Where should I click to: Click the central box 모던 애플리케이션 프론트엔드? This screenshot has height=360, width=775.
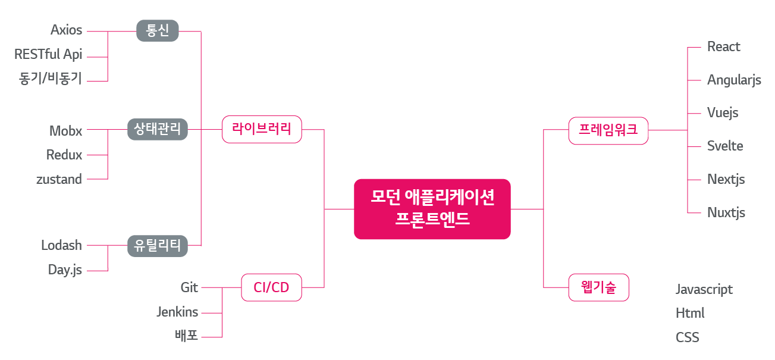pos(432,209)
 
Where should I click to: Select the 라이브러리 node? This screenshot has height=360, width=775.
pos(262,129)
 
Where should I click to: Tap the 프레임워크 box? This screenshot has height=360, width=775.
pos(608,130)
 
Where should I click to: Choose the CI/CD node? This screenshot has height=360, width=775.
pos(271,288)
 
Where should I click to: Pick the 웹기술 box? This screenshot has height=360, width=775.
pos(598,288)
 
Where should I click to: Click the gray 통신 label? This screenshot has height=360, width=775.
pos(158,30)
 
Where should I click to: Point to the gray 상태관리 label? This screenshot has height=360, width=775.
pos(158,129)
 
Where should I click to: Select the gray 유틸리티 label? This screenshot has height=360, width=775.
pos(158,245)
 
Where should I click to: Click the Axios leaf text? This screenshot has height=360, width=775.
pos(66,30)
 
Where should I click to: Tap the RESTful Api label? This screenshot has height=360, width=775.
pos(48,55)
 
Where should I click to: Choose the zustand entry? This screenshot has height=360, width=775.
pos(59,179)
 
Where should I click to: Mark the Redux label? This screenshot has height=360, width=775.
pos(64,155)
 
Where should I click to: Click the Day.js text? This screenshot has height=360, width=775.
pos(65,270)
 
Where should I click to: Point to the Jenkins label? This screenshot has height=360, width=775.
pos(177,311)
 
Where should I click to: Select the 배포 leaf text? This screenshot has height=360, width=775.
pos(186,336)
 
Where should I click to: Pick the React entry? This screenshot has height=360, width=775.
pos(723,46)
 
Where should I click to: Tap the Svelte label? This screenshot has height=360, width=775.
pos(725,146)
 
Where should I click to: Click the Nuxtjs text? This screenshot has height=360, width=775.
pos(726,212)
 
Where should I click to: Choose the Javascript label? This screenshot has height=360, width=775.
pos(704,289)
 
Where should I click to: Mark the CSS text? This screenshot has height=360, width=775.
pos(687,337)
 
